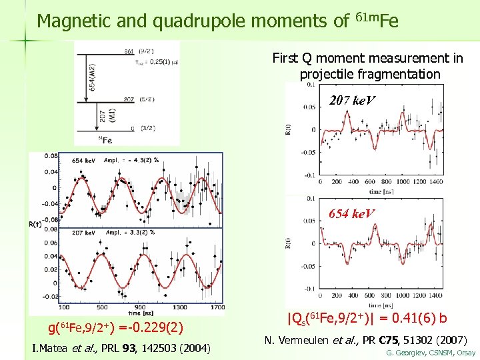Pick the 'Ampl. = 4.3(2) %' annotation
point(141,160)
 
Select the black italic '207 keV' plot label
point(352,101)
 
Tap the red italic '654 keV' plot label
point(352,213)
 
